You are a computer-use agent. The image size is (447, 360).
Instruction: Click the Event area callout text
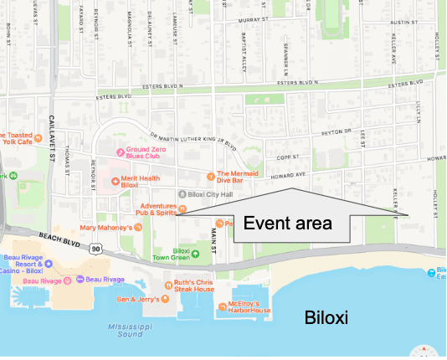click(x=288, y=224)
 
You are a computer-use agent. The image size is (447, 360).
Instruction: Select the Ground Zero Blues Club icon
click(x=120, y=152)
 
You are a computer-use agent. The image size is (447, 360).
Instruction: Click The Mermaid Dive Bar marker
click(x=209, y=176)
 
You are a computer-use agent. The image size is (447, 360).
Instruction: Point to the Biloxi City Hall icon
click(x=182, y=193)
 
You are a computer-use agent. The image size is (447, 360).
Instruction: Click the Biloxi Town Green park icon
click(x=196, y=253)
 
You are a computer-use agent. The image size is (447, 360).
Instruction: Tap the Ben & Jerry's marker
click(x=162, y=299)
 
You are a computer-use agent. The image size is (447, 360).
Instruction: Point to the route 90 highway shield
click(x=98, y=249)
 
